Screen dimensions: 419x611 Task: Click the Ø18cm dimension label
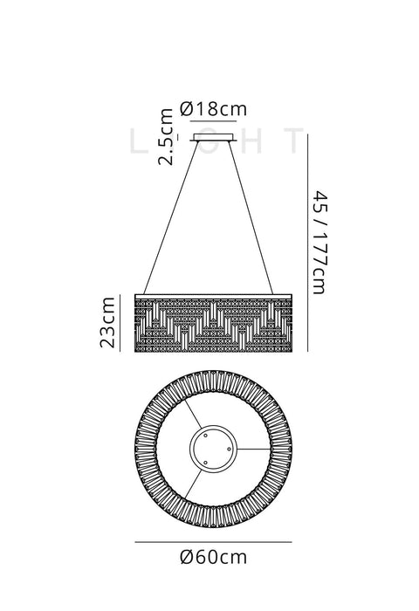coord(214,109)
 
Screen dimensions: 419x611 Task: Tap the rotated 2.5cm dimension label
coord(165,137)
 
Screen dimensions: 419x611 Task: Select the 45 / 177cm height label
coord(320,243)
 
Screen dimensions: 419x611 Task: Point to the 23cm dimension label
coord(107,322)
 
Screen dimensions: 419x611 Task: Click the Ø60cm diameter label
coord(214,557)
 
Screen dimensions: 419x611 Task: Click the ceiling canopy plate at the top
coord(214,138)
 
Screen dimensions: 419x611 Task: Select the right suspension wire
coord(251,217)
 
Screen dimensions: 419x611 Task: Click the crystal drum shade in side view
coord(213,323)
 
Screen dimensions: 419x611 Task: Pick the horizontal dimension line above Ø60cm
coord(213,542)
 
